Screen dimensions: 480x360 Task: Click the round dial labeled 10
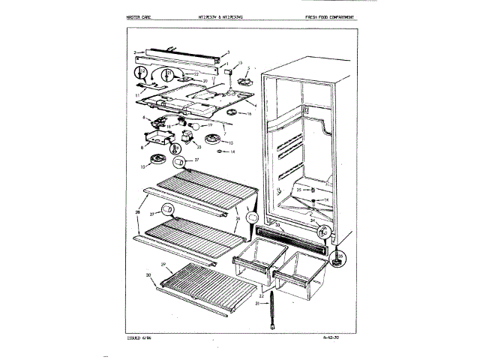click(x=157, y=159)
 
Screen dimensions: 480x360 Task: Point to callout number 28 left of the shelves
click(x=138, y=214)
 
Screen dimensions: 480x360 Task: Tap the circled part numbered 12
click(x=141, y=74)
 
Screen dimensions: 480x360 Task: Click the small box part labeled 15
click(x=231, y=73)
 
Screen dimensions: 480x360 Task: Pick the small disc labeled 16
click(x=234, y=113)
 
